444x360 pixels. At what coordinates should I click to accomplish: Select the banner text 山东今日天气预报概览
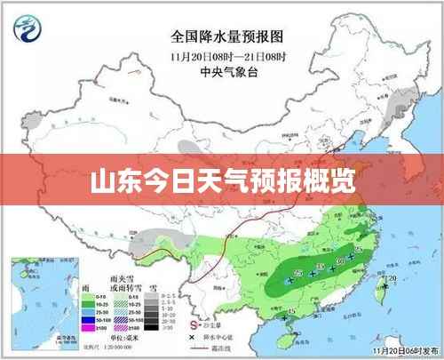[222, 183]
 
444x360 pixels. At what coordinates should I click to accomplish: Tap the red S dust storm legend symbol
[194, 324]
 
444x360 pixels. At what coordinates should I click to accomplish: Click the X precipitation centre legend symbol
[194, 338]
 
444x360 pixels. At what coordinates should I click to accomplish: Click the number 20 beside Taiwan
[392, 278]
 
